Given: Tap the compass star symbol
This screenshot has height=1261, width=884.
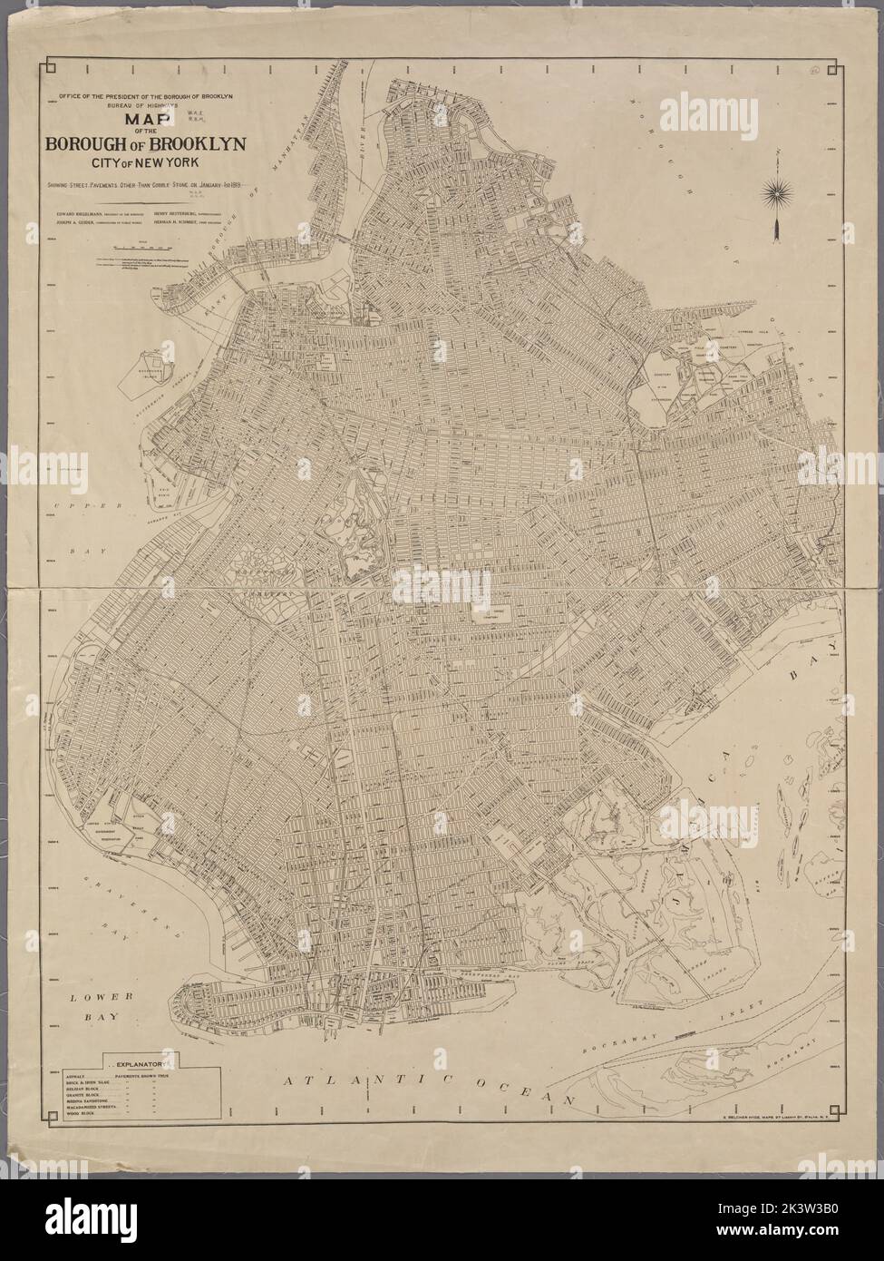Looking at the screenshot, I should (x=777, y=191).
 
